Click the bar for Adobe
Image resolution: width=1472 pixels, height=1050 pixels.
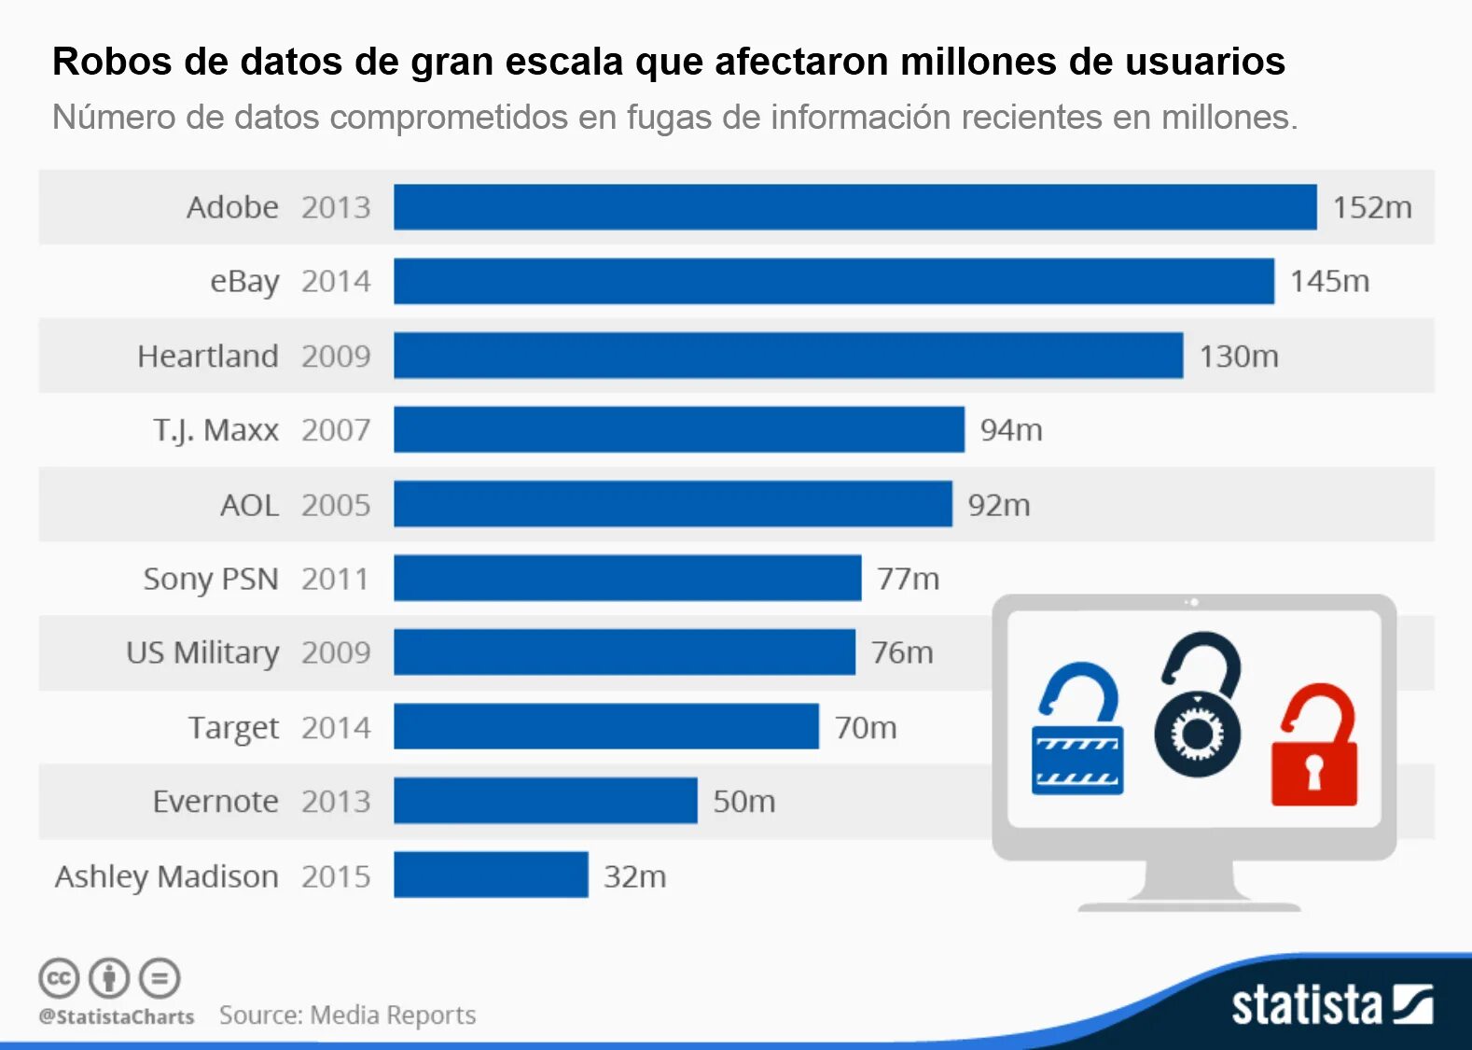coord(854,207)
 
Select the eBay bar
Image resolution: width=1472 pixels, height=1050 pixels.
coord(833,281)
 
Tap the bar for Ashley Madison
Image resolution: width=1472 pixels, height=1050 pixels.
coord(491,875)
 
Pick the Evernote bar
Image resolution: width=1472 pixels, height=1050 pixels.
coord(545,801)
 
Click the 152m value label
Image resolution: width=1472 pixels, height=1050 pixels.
coord(1371,207)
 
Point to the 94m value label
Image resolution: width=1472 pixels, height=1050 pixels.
coord(1011,430)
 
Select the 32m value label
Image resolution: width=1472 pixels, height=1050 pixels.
coord(634,876)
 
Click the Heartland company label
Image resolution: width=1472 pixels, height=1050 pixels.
coord(208,357)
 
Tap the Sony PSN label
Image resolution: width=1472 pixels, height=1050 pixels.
coord(211,579)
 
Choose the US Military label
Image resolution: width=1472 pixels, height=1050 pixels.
coord(202,652)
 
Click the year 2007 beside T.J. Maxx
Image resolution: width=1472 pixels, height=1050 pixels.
coord(336,430)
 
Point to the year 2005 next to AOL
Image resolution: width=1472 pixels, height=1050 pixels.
coord(336,505)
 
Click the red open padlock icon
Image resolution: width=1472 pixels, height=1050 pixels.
coord(1314,746)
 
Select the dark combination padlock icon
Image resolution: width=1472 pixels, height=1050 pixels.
coord(1199,705)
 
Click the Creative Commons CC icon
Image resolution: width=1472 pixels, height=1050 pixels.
coord(59,978)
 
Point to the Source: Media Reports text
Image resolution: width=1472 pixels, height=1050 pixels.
coord(347,1015)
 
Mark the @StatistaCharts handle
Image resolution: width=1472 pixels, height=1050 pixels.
coord(117,1016)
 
